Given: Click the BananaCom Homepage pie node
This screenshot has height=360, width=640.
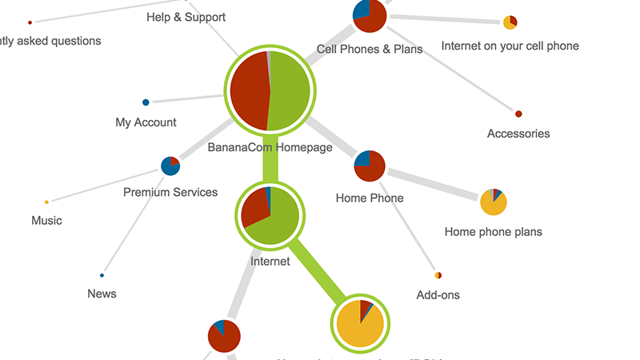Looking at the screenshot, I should coord(270,91).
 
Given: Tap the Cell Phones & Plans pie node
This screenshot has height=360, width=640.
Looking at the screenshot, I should coord(370,15).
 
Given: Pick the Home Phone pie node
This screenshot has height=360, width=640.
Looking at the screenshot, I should coord(370,166).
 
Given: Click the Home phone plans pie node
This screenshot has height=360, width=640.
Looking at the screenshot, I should coord(494,202).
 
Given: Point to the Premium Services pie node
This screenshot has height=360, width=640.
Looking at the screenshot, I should coord(170,166).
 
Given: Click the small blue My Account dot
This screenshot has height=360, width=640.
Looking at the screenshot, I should coord(146,102).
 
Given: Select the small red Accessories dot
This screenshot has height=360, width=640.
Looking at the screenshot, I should coord(518,114).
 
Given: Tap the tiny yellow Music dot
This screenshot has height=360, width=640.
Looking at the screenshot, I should coord(46,202).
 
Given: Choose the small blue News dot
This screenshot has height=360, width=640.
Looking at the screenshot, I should coord(102,275).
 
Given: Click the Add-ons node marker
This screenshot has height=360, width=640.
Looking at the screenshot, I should coord(438,276).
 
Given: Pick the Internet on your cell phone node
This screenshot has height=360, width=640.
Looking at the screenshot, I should coord(510,22).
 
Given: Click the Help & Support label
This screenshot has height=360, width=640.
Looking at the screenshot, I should coord(186,17).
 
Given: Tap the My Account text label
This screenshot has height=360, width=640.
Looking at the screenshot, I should coord(146,122).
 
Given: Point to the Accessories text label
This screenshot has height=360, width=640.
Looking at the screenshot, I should coord(518,134).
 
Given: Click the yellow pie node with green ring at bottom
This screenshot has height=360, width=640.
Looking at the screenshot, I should coord(360,323).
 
